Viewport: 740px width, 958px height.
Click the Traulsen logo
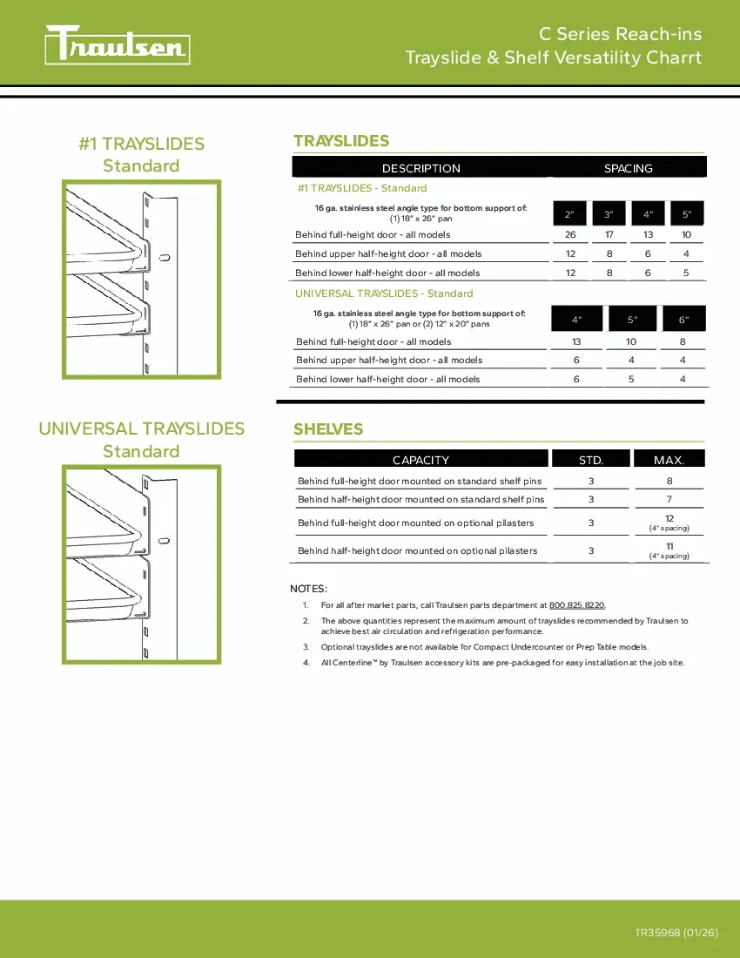(x=118, y=45)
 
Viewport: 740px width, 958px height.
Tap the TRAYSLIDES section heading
(x=341, y=141)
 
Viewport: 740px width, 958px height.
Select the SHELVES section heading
(x=328, y=429)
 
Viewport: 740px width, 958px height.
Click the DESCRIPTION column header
(x=420, y=168)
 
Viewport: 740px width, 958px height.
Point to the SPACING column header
(x=628, y=168)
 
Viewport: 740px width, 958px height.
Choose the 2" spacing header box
(x=569, y=214)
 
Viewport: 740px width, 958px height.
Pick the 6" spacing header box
(x=683, y=320)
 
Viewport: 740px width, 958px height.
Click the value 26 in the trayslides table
(x=570, y=235)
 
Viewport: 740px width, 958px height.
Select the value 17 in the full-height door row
(x=609, y=235)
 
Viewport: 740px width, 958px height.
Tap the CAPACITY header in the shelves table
(x=420, y=460)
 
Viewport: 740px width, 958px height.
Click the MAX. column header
(x=669, y=460)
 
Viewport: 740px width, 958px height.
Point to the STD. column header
(x=591, y=460)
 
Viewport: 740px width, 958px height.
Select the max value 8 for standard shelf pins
(x=669, y=481)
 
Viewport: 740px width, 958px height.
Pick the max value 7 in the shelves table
(x=669, y=500)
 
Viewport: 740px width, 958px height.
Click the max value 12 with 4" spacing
(x=669, y=519)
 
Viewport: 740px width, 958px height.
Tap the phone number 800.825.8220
(x=577, y=605)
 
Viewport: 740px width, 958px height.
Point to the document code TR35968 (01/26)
(x=676, y=933)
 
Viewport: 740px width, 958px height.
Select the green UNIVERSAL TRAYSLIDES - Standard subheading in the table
(x=384, y=293)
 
